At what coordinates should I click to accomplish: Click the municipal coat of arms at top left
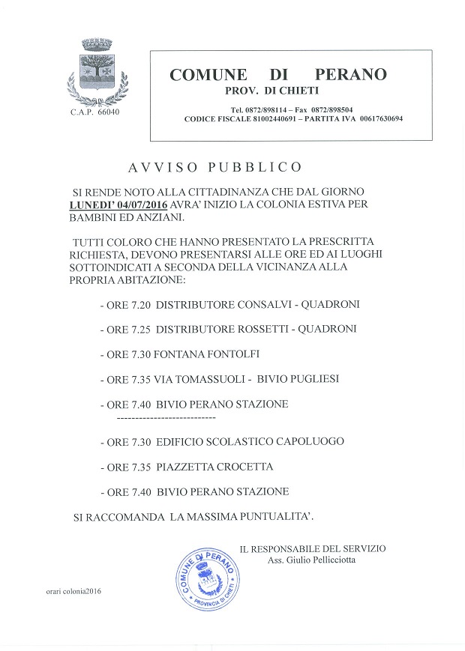coord(97,71)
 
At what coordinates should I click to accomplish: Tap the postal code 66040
coord(108,112)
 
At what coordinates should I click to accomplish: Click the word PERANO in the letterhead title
coord(351,75)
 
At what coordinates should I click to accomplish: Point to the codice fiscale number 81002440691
coord(274,118)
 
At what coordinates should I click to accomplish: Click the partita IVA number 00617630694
coord(381,118)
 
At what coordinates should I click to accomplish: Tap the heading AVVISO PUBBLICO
coord(214,167)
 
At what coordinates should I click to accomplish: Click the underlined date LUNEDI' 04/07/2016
coord(118,205)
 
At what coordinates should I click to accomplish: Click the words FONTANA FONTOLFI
coord(206,354)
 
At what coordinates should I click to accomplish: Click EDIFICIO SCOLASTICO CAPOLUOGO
coord(250,442)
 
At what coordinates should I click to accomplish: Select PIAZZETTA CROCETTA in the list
coord(214,467)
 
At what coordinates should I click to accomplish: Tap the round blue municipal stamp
coord(205,579)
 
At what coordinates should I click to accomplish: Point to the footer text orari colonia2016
coord(73,591)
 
